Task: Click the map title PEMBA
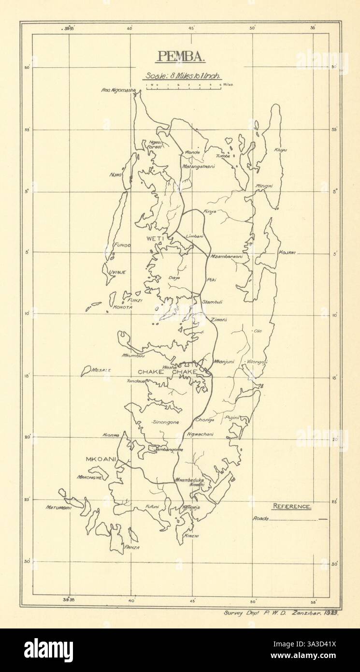point(180,57)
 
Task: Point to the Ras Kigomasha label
point(118,89)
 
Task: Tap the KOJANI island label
point(287,253)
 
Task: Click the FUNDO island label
point(122,245)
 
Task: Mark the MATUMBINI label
point(58,508)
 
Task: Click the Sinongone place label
point(165,422)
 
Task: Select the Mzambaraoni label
point(226,256)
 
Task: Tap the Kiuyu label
point(281,150)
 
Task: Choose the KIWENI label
point(191,537)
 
